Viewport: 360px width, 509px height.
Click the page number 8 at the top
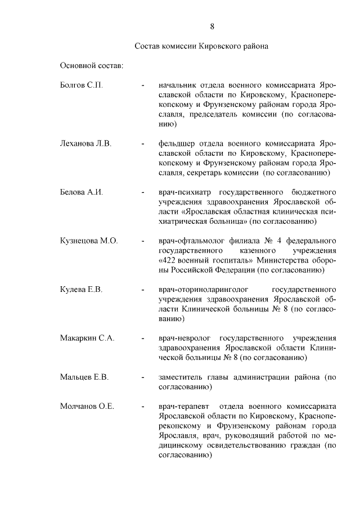[212, 26]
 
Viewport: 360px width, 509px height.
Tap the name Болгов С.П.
[81, 85]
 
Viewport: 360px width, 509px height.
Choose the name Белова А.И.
[82, 192]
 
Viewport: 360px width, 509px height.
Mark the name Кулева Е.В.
[81, 289]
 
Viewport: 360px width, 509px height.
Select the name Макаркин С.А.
[87, 338]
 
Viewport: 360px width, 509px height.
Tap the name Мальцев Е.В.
[84, 376]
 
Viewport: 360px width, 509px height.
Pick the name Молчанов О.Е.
[87, 406]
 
